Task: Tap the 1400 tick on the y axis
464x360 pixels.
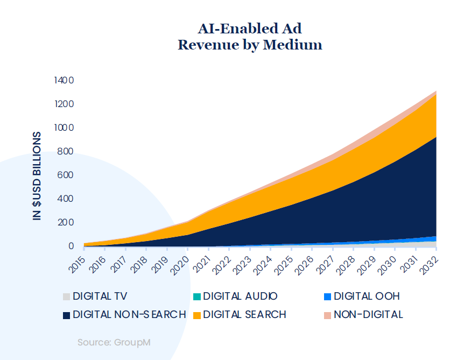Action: pyautogui.click(x=64, y=80)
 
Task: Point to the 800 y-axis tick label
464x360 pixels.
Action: pyautogui.click(x=65, y=151)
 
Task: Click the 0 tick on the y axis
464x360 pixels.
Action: pyautogui.click(x=70, y=246)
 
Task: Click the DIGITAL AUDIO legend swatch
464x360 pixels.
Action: pyautogui.click(x=198, y=297)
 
